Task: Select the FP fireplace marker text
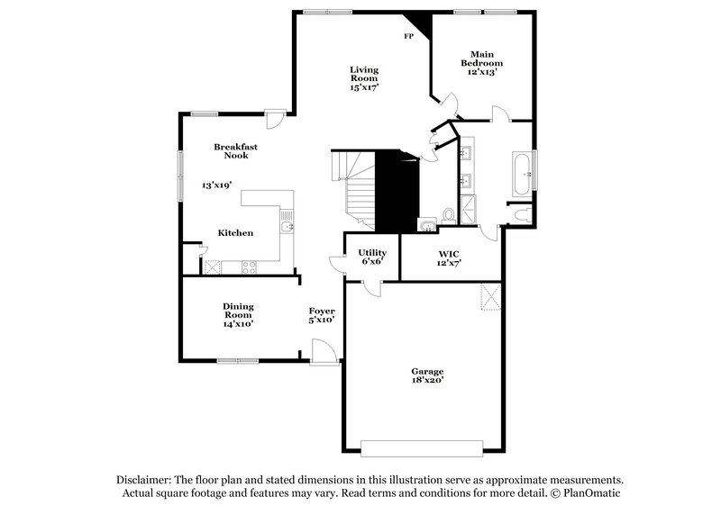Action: pyautogui.click(x=408, y=37)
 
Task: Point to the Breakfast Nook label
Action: pyautogui.click(x=231, y=151)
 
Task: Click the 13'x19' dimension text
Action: pyautogui.click(x=217, y=185)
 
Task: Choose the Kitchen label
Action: pyautogui.click(x=235, y=232)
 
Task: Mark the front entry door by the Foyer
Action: pyautogui.click(x=322, y=351)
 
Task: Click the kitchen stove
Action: pyautogui.click(x=250, y=267)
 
